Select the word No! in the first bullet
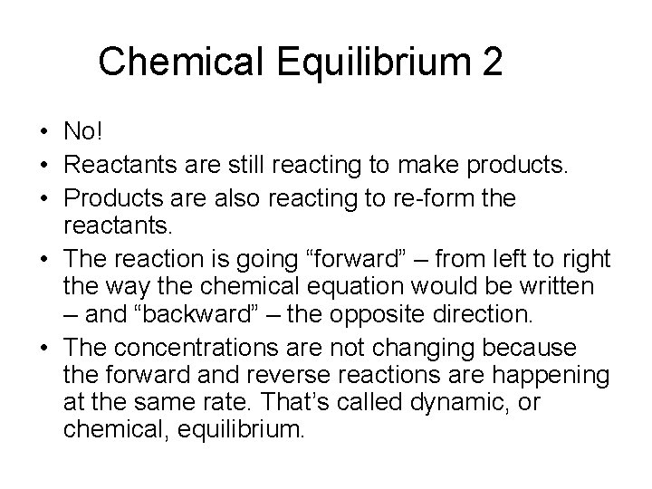tap(84, 132)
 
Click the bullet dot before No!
tap(43, 133)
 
